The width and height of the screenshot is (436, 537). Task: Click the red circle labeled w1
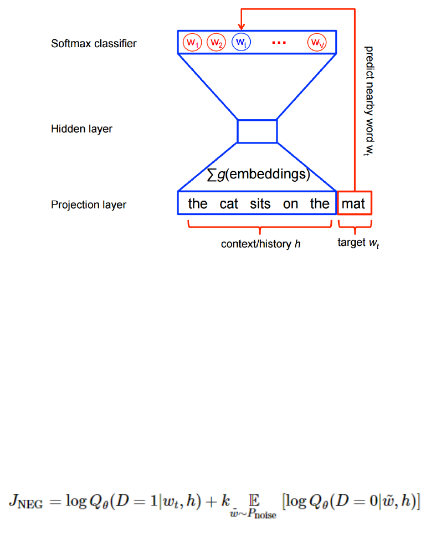[x=192, y=42]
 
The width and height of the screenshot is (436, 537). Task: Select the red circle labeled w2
[x=216, y=42]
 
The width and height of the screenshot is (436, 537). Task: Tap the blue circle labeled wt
[x=241, y=42]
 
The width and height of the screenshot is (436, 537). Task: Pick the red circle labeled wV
[x=317, y=42]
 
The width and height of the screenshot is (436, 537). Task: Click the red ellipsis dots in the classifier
[x=279, y=43]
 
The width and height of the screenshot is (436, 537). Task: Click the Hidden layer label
[x=81, y=129]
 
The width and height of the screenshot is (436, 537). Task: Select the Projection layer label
[x=89, y=204]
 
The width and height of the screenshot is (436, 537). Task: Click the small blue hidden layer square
[x=257, y=131]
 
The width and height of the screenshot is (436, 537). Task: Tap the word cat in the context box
[x=229, y=203]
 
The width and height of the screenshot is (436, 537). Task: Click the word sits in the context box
[x=260, y=203]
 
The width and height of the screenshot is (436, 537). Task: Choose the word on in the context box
[x=290, y=203]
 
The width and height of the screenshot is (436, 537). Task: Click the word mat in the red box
[x=353, y=203]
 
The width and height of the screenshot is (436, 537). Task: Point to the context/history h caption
[x=260, y=243]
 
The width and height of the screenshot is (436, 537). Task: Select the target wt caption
[x=358, y=243]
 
